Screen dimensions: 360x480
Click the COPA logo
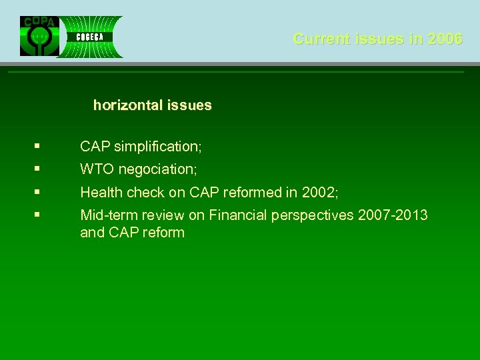pos(39,36)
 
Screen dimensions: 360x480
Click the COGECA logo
pos(89,37)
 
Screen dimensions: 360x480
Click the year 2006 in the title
pos(445,39)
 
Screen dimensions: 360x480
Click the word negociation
pos(157,169)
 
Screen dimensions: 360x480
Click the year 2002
pos(319,193)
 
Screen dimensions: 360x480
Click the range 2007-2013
pos(393,215)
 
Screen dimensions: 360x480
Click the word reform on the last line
pos(163,233)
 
